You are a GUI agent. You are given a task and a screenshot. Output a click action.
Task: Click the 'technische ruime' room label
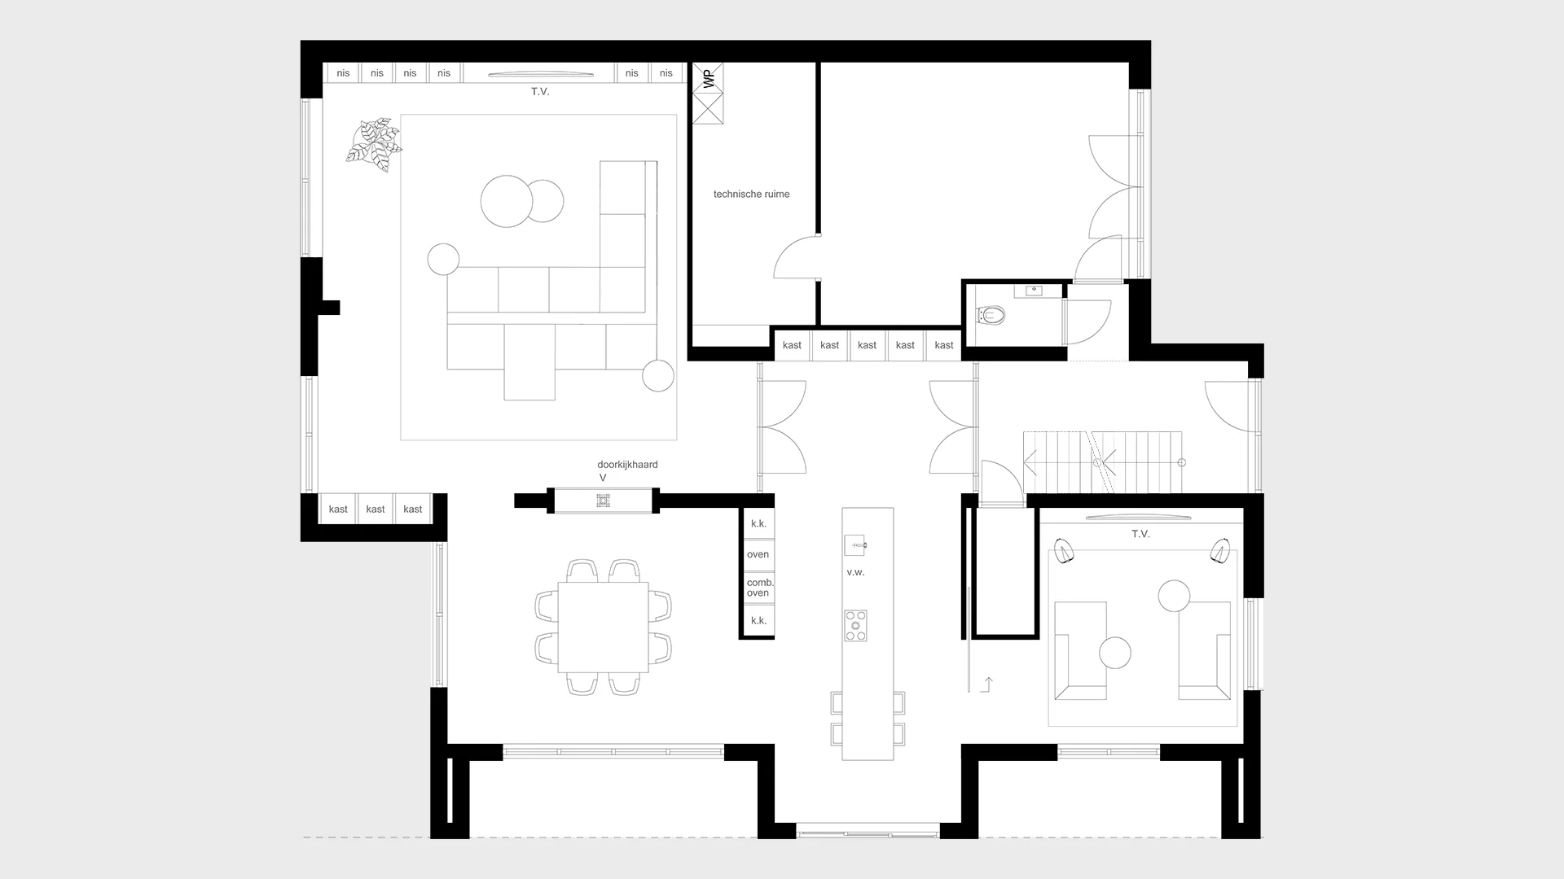coord(751,195)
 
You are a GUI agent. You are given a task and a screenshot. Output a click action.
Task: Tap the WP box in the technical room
coord(708,79)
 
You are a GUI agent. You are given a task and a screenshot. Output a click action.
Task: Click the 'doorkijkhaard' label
coord(627,465)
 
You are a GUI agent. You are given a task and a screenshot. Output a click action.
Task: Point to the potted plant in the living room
coord(373,144)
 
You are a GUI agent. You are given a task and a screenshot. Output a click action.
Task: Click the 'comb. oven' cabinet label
coord(759,588)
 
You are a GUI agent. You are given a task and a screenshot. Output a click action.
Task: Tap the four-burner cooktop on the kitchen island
coord(855,625)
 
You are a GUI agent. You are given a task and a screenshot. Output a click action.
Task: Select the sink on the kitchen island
coord(855,544)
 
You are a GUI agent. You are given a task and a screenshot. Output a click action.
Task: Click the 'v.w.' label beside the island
coord(855,572)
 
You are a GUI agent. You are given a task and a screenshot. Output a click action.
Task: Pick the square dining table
coord(603,627)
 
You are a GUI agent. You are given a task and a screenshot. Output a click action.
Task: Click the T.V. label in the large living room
coord(540,92)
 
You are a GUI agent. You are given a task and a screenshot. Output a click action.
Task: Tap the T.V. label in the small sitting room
coord(1140,534)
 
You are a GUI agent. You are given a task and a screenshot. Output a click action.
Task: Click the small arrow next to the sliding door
coord(987,684)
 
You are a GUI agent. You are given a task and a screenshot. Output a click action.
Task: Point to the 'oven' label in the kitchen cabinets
coord(758,554)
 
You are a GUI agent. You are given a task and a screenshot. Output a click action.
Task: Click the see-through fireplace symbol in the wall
coord(603,500)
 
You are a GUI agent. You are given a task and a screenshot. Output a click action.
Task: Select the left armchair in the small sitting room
coord(1080,650)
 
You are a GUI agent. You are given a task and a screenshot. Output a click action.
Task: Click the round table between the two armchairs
coord(1115,653)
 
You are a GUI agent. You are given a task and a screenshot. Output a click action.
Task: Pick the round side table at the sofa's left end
coord(443,260)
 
